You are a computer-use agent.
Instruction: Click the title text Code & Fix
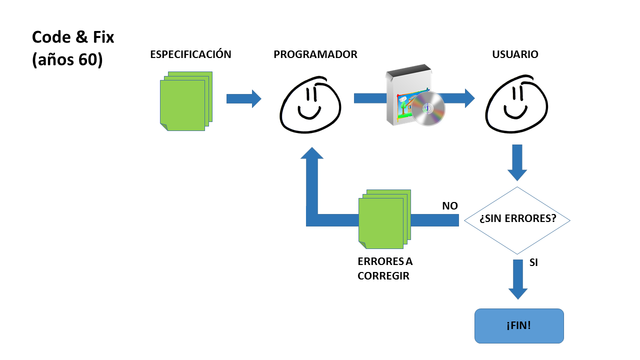point(72,36)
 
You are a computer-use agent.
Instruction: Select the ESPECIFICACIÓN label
point(190,53)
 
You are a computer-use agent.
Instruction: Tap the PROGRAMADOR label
point(315,53)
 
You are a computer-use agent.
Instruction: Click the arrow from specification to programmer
point(243,98)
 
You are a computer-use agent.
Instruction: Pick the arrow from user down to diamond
point(518,161)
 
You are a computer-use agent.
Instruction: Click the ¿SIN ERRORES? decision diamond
point(518,218)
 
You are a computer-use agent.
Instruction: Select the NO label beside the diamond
point(450,206)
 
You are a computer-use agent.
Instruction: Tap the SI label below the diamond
point(534,262)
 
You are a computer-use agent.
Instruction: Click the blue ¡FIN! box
point(518,326)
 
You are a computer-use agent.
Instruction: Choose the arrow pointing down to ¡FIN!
point(518,279)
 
